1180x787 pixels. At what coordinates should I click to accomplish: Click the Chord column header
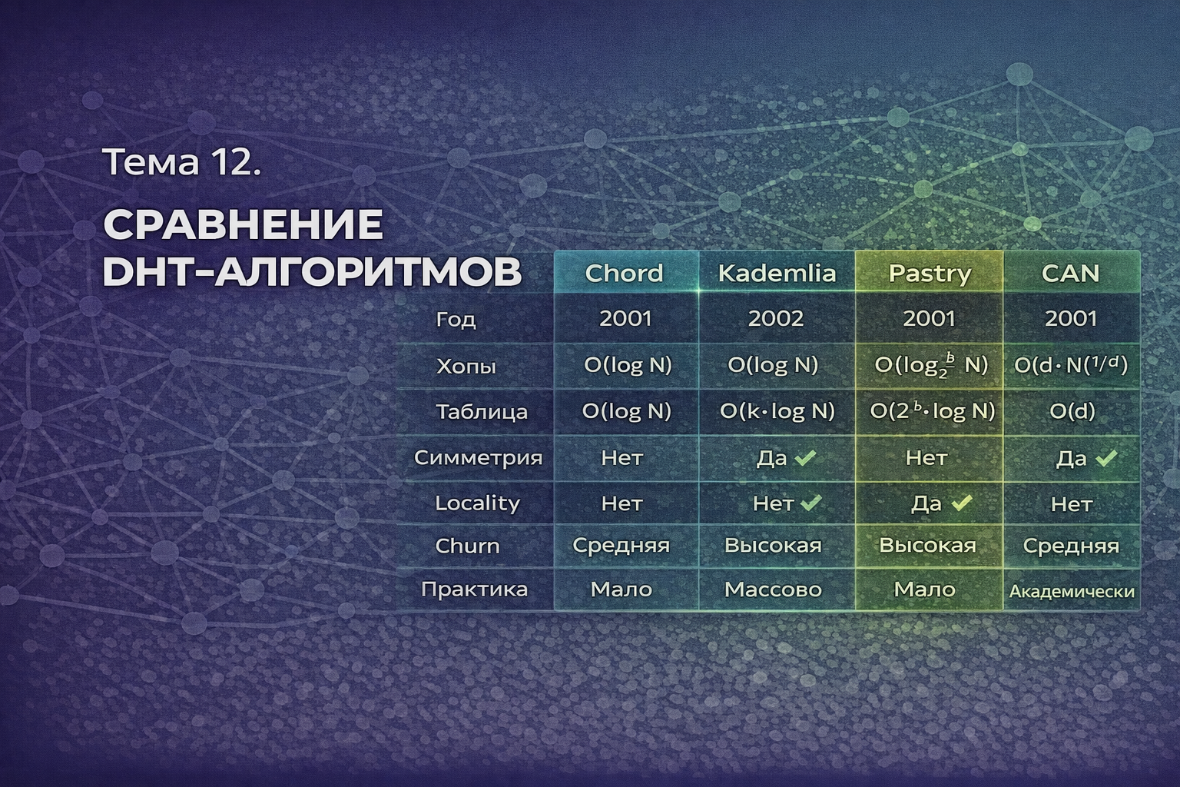point(625,273)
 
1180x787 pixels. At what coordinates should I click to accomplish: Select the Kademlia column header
point(777,273)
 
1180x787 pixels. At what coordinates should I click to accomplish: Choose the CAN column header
point(1071,273)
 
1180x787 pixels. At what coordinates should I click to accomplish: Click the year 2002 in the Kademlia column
point(776,318)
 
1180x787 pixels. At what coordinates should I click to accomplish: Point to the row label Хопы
point(466,366)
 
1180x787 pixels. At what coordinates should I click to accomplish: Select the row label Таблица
point(482,412)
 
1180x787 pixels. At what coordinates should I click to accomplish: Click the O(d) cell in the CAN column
point(1072,411)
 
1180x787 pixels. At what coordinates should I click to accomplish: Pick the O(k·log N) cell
point(777,411)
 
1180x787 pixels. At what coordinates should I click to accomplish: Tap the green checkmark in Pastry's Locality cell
point(961,503)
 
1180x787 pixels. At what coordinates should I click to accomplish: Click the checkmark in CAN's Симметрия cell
point(1106,458)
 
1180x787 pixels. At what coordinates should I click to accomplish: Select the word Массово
point(774,589)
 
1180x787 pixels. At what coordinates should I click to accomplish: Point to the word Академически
point(1072,592)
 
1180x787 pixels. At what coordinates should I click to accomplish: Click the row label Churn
point(467,546)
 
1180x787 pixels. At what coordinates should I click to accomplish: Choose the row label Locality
point(477,503)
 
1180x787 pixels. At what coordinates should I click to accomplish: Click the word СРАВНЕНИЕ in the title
point(243,224)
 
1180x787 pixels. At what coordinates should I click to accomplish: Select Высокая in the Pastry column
point(928,545)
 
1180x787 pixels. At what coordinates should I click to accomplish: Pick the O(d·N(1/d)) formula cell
point(1071,365)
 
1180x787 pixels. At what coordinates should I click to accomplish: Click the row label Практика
point(474,589)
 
